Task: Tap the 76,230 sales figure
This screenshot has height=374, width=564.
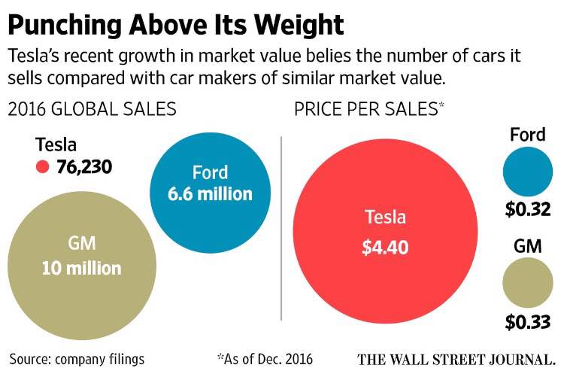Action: (84, 166)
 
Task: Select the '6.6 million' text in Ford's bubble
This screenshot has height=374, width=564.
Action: (210, 193)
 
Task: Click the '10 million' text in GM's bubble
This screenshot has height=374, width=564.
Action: (81, 267)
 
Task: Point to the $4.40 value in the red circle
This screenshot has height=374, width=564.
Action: (385, 248)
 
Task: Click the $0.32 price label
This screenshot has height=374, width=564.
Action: (528, 211)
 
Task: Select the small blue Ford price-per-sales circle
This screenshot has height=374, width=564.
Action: (528, 172)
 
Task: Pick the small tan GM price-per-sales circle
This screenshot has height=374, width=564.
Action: (528, 283)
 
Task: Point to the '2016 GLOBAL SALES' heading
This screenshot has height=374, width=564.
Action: (92, 110)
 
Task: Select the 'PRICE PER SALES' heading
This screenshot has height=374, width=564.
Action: (364, 110)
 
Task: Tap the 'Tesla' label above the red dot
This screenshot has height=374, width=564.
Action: (56, 144)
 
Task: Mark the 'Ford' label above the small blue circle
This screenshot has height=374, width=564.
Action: (528, 135)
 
